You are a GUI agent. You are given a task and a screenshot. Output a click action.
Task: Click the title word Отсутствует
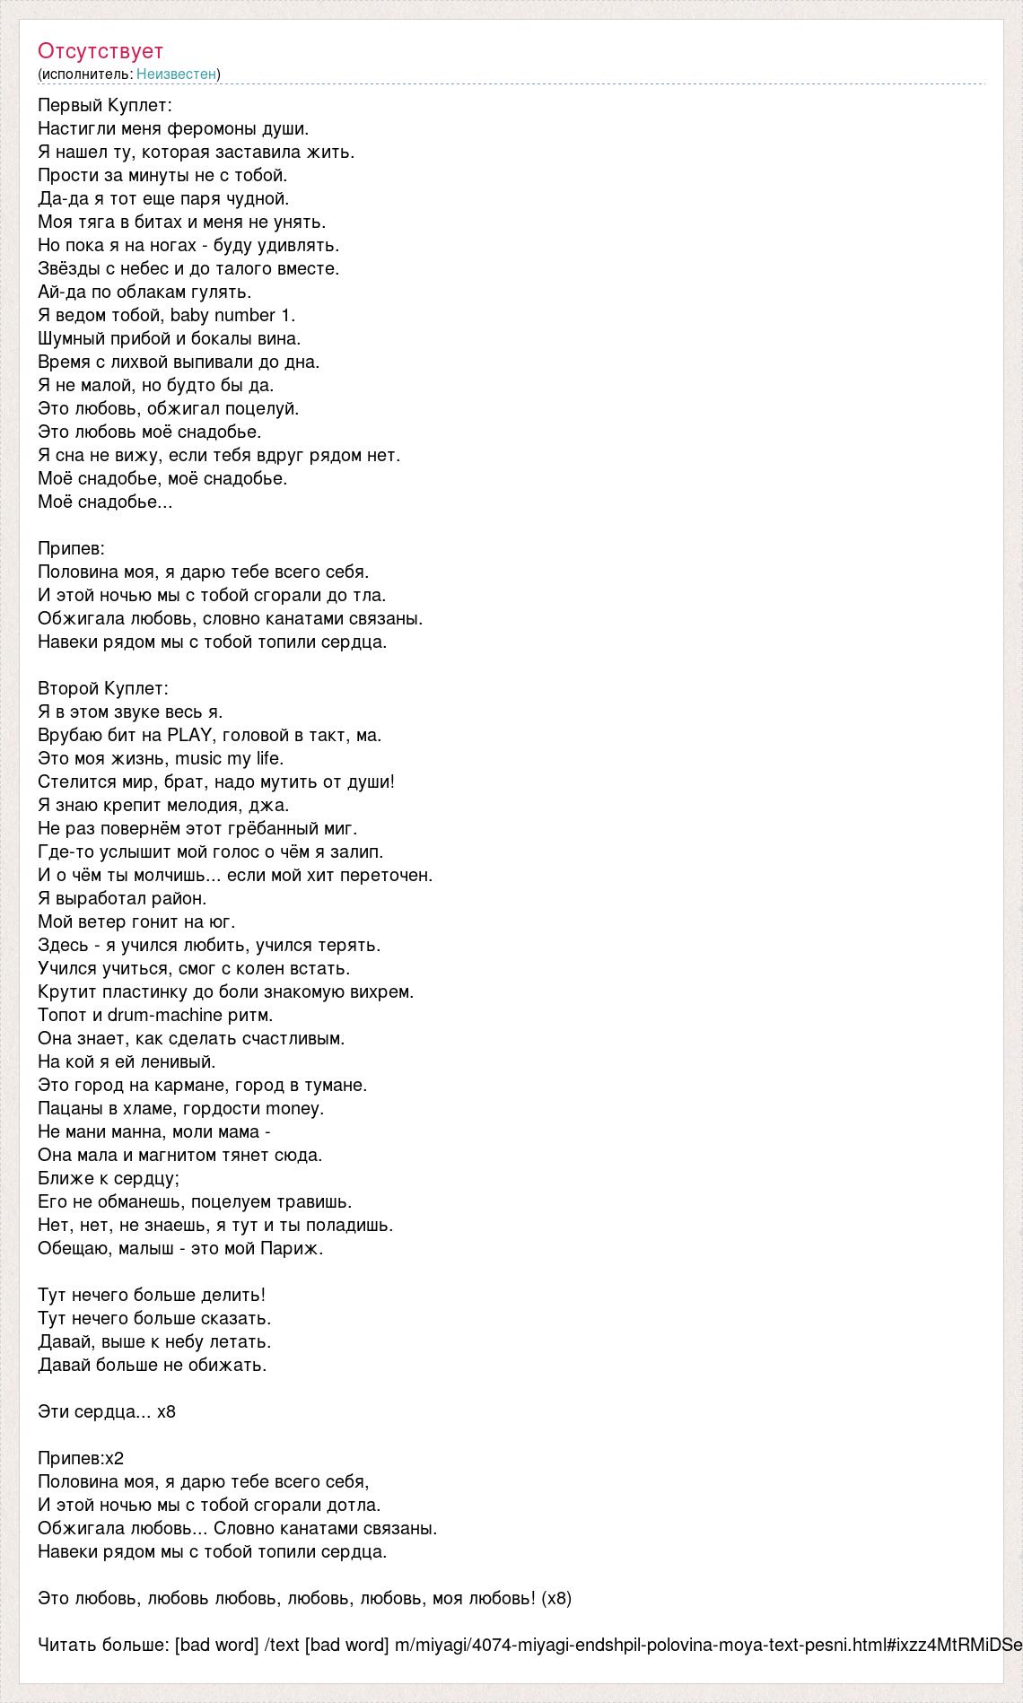point(101,51)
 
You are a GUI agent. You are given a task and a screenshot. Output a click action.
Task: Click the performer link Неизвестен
point(176,74)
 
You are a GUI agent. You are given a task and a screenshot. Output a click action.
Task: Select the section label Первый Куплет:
point(104,106)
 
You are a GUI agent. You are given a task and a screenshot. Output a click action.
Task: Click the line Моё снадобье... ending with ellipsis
point(105,502)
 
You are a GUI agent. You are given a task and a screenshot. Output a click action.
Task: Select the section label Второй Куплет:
point(103,689)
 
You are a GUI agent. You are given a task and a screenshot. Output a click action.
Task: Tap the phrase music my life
point(229,759)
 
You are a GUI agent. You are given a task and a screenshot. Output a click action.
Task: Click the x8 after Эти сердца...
point(166,1412)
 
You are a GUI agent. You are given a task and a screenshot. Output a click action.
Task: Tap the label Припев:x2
point(81,1459)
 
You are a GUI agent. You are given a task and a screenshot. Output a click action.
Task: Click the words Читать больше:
point(104,1646)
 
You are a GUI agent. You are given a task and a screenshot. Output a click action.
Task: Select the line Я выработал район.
point(122,899)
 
